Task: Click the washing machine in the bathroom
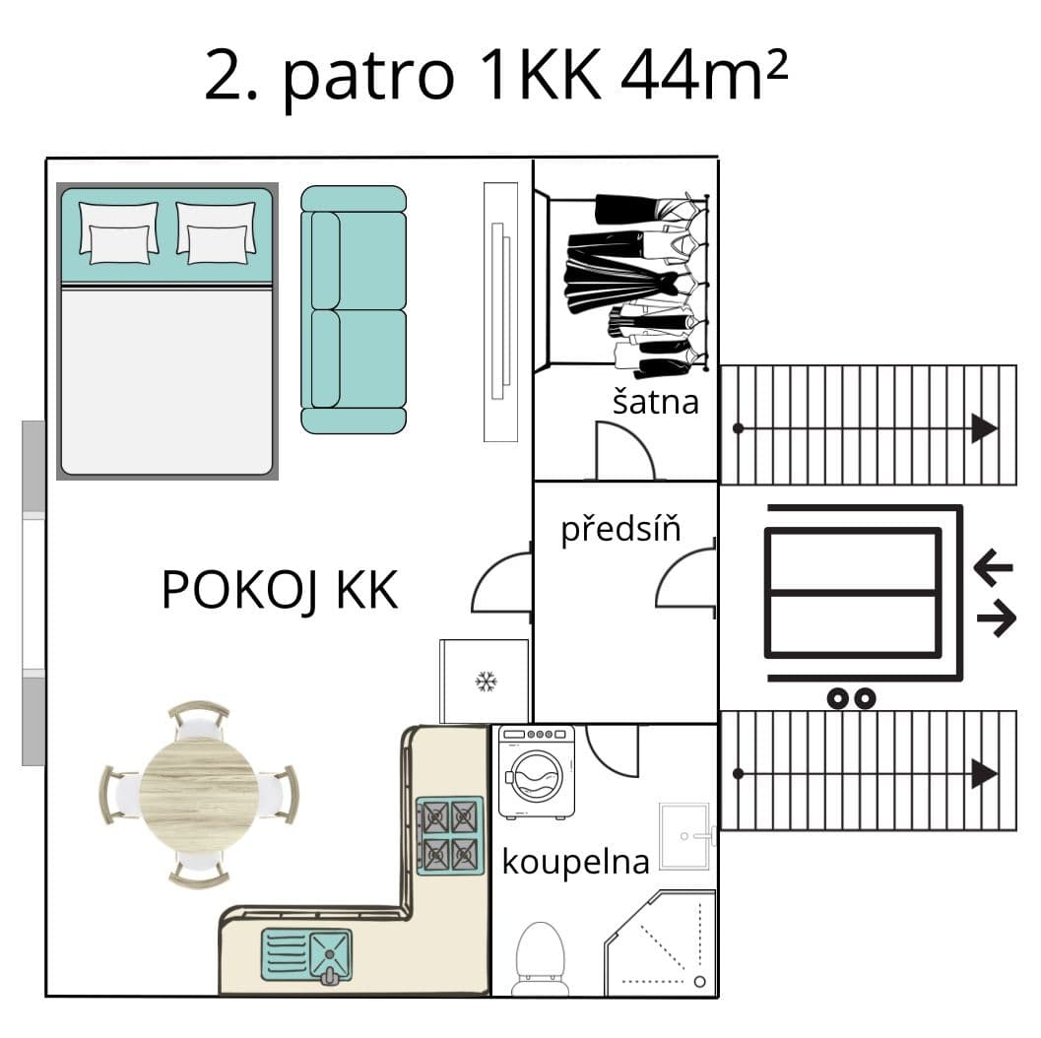(x=536, y=772)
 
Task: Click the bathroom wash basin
(x=683, y=836)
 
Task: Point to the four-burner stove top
(x=450, y=835)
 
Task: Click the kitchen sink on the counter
(x=305, y=952)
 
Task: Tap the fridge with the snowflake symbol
(x=484, y=681)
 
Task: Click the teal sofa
(x=354, y=309)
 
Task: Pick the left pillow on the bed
(x=118, y=231)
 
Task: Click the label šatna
(x=655, y=401)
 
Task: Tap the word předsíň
(x=620, y=530)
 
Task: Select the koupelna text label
(x=575, y=862)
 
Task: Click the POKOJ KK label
(x=279, y=590)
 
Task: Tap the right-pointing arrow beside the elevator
(x=996, y=619)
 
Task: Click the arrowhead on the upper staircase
(x=984, y=428)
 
